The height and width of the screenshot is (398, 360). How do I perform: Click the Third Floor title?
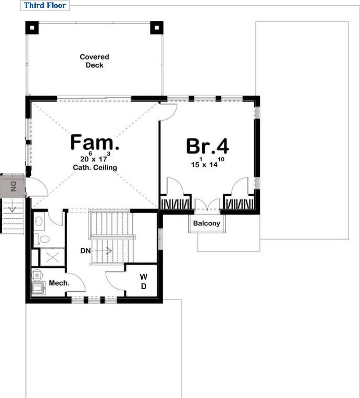tap(45, 6)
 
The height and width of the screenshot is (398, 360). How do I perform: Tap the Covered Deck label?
tap(94, 61)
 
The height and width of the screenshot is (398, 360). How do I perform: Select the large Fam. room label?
tap(94, 143)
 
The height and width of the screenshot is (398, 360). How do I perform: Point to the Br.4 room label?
tap(207, 146)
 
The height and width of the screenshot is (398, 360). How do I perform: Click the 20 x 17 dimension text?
tap(94, 159)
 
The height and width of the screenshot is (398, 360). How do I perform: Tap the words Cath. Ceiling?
tap(95, 167)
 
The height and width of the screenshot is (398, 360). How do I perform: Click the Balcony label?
tap(207, 223)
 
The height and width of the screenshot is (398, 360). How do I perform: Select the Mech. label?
tap(59, 283)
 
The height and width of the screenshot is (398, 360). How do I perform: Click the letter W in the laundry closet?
tap(144, 276)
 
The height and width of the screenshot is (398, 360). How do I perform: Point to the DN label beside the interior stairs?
tap(85, 251)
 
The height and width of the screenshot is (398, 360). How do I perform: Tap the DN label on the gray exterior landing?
tap(13, 186)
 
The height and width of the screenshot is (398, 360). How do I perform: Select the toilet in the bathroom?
tap(43, 239)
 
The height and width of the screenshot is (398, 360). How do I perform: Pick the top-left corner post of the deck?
tap(32, 28)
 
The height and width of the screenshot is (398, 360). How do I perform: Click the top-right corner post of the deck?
tap(157, 28)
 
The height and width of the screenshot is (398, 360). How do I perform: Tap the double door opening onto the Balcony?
tap(207, 205)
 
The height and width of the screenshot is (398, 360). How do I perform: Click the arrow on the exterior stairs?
tap(12, 209)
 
